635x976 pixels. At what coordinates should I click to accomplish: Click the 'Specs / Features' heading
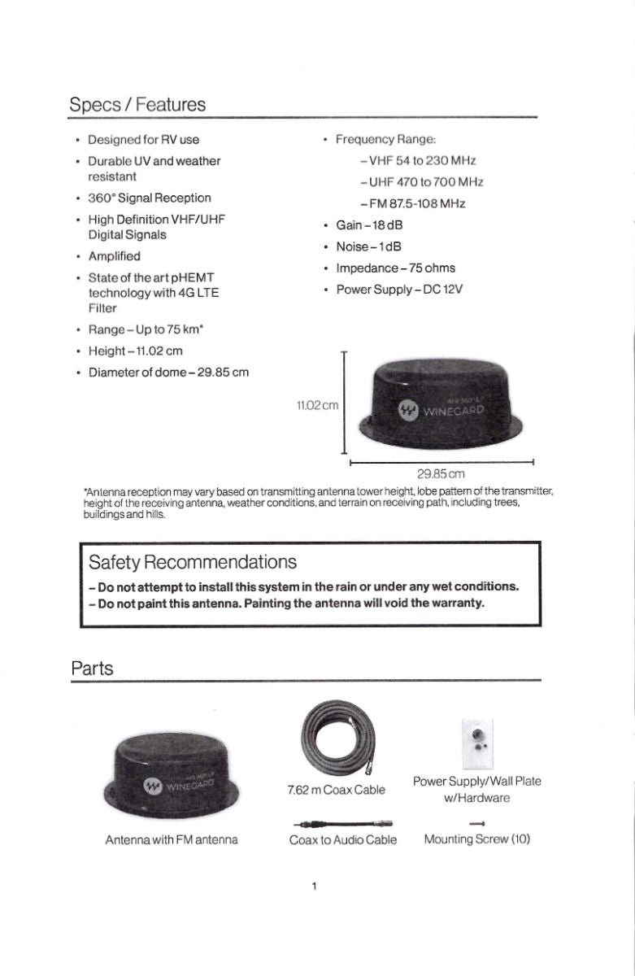click(x=137, y=105)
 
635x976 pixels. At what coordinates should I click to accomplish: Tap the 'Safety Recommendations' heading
click(x=192, y=562)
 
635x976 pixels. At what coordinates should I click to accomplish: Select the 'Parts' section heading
click(x=92, y=669)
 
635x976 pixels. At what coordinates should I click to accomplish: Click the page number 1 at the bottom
click(x=314, y=886)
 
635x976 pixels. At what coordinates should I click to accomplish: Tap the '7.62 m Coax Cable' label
click(x=336, y=790)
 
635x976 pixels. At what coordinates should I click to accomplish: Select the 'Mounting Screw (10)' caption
click(x=476, y=839)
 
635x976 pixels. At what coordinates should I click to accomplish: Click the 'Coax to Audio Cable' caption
click(x=343, y=839)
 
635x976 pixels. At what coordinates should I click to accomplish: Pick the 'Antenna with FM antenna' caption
click(x=172, y=839)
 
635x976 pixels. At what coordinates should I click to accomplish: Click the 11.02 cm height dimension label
click(x=318, y=404)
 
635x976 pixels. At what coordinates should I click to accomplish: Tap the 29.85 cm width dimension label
click(x=440, y=473)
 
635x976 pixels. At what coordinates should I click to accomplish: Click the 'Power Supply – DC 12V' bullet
click(x=398, y=289)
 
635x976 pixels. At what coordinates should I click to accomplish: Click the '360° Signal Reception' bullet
click(x=149, y=198)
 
